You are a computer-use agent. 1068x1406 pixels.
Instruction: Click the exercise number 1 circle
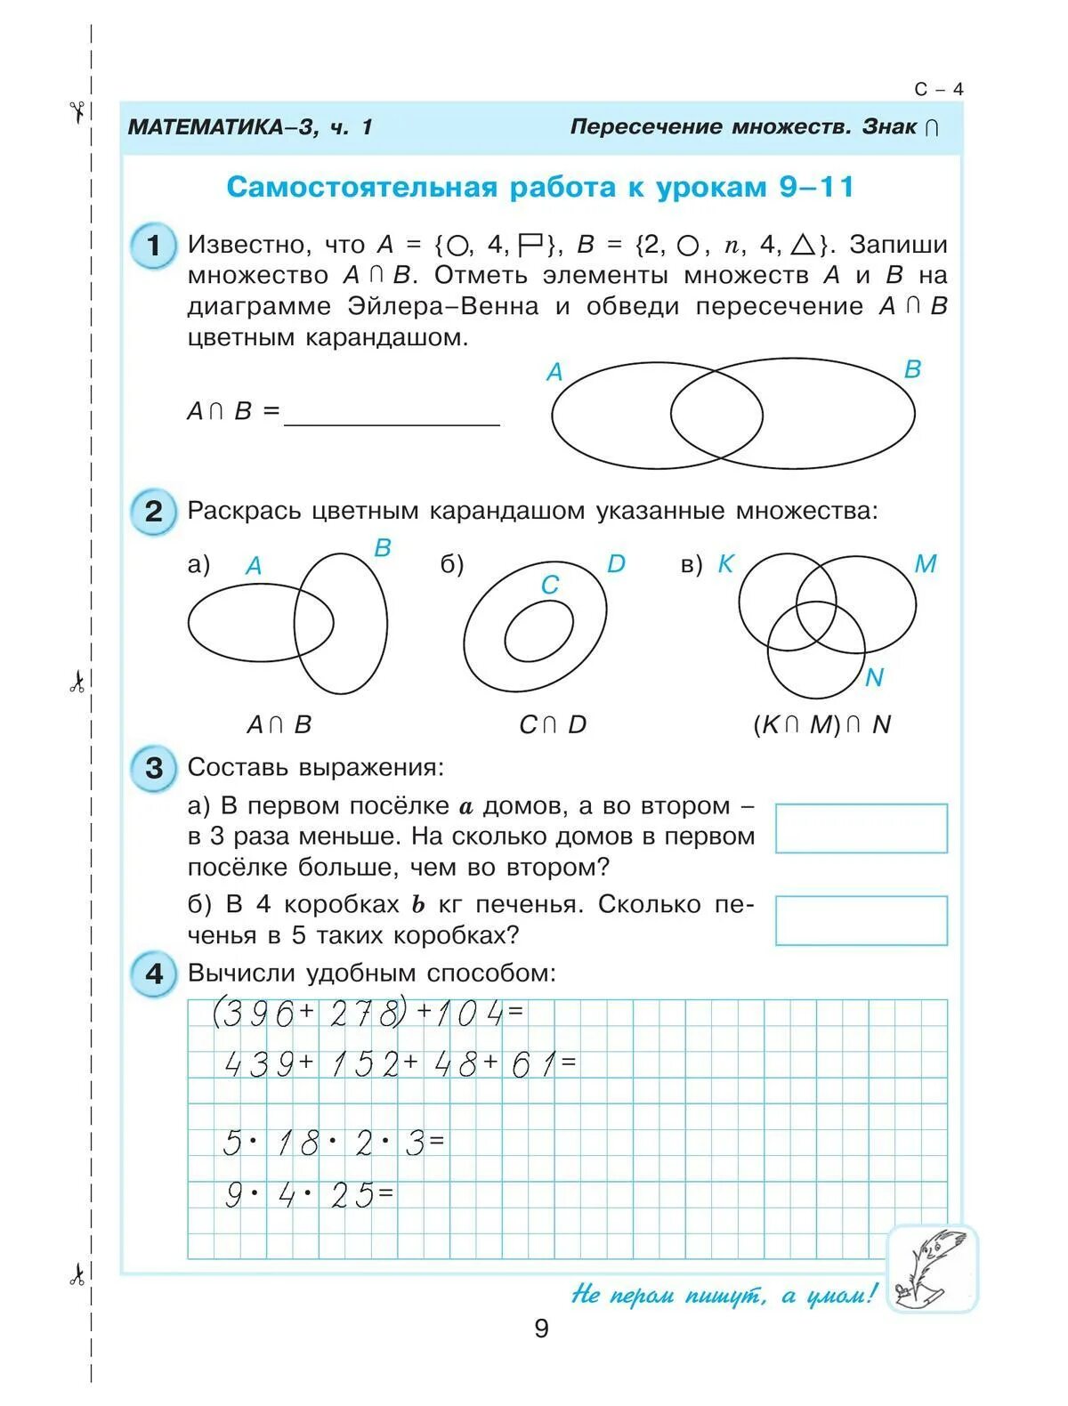pos(153,246)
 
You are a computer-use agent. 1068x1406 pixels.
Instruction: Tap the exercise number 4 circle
pos(153,974)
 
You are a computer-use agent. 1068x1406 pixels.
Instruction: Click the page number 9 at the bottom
pos(541,1329)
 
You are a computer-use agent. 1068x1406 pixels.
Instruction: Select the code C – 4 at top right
pos(938,89)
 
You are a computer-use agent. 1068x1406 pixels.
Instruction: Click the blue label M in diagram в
pos(925,564)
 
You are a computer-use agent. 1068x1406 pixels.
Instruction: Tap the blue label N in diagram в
pos(874,678)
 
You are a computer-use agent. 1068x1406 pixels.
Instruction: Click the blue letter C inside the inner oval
pos(549,585)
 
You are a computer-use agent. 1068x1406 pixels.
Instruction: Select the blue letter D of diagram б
pos(616,564)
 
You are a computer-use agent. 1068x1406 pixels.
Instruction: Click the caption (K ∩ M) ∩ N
pos(821,725)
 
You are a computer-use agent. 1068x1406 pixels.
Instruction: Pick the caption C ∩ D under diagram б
pos(553,725)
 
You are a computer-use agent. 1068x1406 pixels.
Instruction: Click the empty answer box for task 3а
pos(861,828)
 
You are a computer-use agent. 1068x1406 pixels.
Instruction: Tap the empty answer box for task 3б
pos(861,920)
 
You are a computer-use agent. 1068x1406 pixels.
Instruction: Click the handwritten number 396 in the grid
pos(257,1014)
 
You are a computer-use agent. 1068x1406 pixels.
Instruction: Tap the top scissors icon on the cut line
pos(77,110)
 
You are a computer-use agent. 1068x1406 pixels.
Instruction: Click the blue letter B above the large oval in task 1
pos(912,369)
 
